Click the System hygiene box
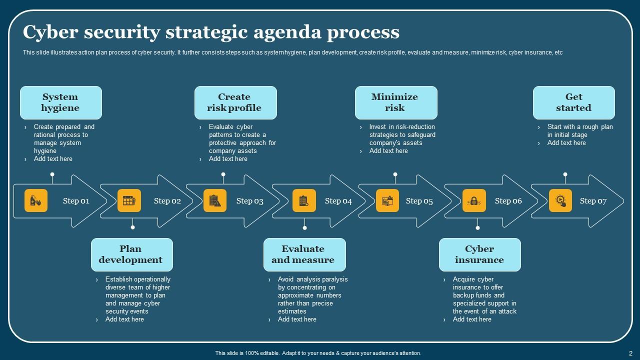pyautogui.click(x=60, y=102)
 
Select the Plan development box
pyautogui.click(x=131, y=254)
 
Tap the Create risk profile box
pyautogui.click(x=235, y=102)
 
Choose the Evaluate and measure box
pyautogui.click(x=304, y=254)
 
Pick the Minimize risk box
pyautogui.click(x=395, y=102)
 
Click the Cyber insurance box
pyautogui.click(x=479, y=254)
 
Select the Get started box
pyautogui.click(x=573, y=102)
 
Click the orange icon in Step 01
pyautogui.click(x=36, y=201)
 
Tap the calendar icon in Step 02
pyautogui.click(x=129, y=201)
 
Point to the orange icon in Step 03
pyautogui.click(x=215, y=201)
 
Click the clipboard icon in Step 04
pyautogui.click(x=304, y=201)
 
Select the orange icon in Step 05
pyautogui.click(x=387, y=201)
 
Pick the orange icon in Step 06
pyautogui.click(x=474, y=201)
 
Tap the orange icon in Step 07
pyautogui.click(x=560, y=201)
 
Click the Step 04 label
pyautogui.click(x=338, y=201)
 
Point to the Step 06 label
pyautogui.click(x=508, y=201)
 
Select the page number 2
pyautogui.click(x=631, y=353)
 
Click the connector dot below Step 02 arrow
pyautogui.click(x=132, y=227)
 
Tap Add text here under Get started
pyautogui.click(x=566, y=143)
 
